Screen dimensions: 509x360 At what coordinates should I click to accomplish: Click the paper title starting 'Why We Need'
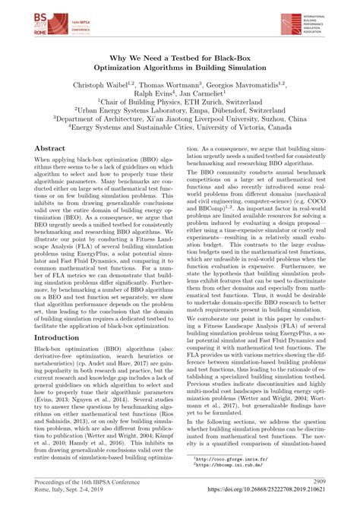click(179, 64)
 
